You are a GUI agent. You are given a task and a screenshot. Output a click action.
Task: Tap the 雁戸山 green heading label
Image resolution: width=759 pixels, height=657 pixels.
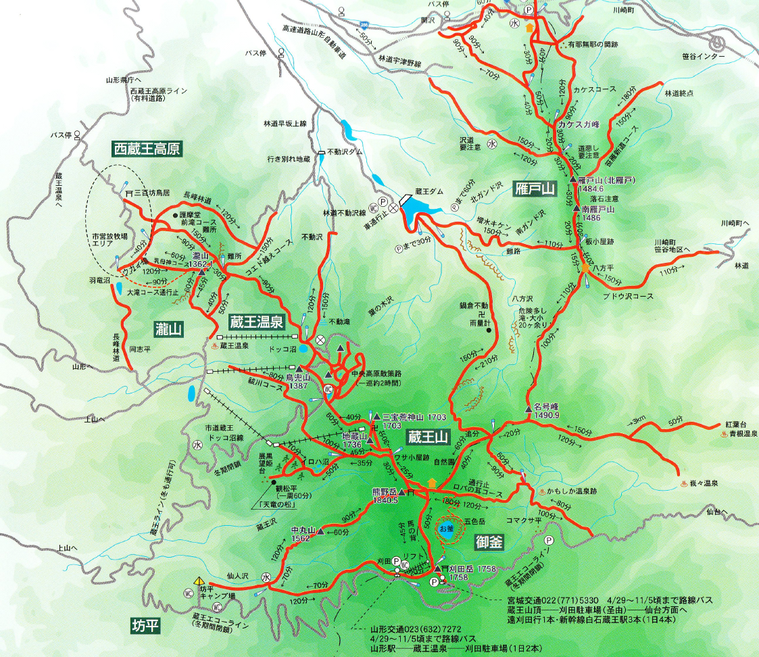pyautogui.click(x=534, y=189)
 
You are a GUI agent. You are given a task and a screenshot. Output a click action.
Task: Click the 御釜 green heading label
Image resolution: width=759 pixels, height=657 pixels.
pyautogui.click(x=489, y=541)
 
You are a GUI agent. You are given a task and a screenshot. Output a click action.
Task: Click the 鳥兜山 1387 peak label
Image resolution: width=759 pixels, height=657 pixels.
pyautogui.click(x=297, y=381)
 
